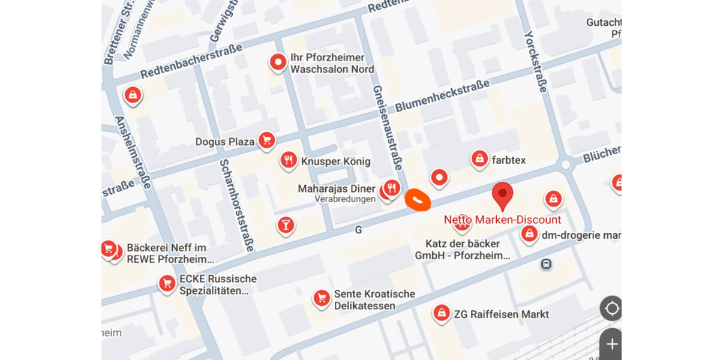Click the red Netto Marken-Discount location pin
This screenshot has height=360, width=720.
502,194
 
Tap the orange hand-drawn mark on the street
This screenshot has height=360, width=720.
418,200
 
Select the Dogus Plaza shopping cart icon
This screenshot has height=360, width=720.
267,141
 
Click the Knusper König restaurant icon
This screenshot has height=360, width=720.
289,160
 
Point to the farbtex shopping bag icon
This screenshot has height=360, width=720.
479,159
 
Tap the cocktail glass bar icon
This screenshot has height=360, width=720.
285,225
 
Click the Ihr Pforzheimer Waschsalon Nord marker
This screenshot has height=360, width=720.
278,62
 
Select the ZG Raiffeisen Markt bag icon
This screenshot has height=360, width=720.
442,313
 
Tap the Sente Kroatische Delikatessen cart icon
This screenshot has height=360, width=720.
322,298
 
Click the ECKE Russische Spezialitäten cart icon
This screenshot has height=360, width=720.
167,284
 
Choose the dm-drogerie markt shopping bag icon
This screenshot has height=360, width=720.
529,234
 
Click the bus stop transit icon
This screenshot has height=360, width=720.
546,263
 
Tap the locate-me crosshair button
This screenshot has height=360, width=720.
611,309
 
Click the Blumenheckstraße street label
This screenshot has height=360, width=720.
442,97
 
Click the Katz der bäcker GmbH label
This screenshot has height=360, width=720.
462,250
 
